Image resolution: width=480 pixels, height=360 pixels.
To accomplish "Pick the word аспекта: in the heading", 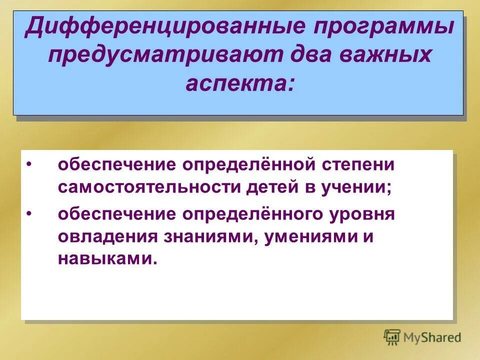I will pos(239,83).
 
